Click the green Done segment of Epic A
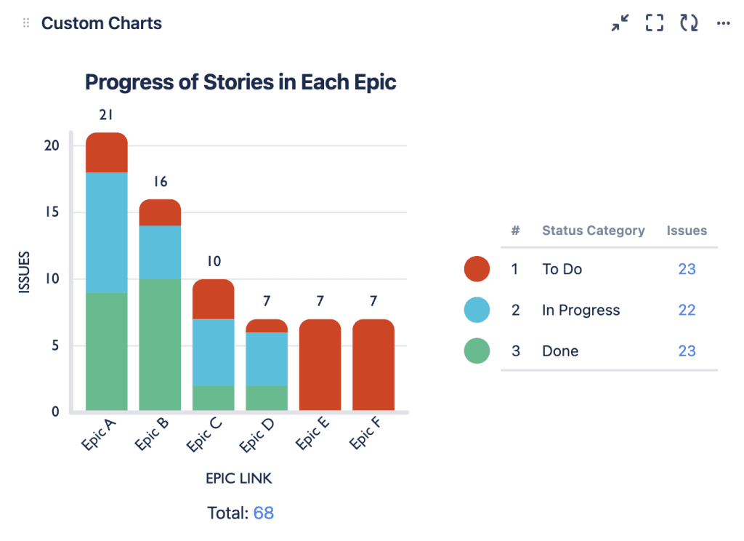tap(107, 351)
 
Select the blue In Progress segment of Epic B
tap(160, 252)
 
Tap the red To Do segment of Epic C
tap(214, 299)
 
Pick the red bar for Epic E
tap(320, 365)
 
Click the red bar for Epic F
tap(373, 365)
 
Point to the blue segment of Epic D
tap(267, 359)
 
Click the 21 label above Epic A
tap(106, 115)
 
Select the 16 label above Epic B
tap(160, 182)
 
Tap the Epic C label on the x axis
tap(205, 435)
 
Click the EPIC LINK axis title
tap(239, 478)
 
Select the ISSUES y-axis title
tap(25, 272)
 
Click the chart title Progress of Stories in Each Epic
tap(240, 82)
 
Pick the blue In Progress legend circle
tap(477, 310)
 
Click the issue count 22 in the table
tap(687, 310)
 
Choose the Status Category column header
tap(593, 231)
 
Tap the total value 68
tap(264, 513)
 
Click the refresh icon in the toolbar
tap(689, 23)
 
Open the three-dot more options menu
tap(723, 23)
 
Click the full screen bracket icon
tap(655, 23)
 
